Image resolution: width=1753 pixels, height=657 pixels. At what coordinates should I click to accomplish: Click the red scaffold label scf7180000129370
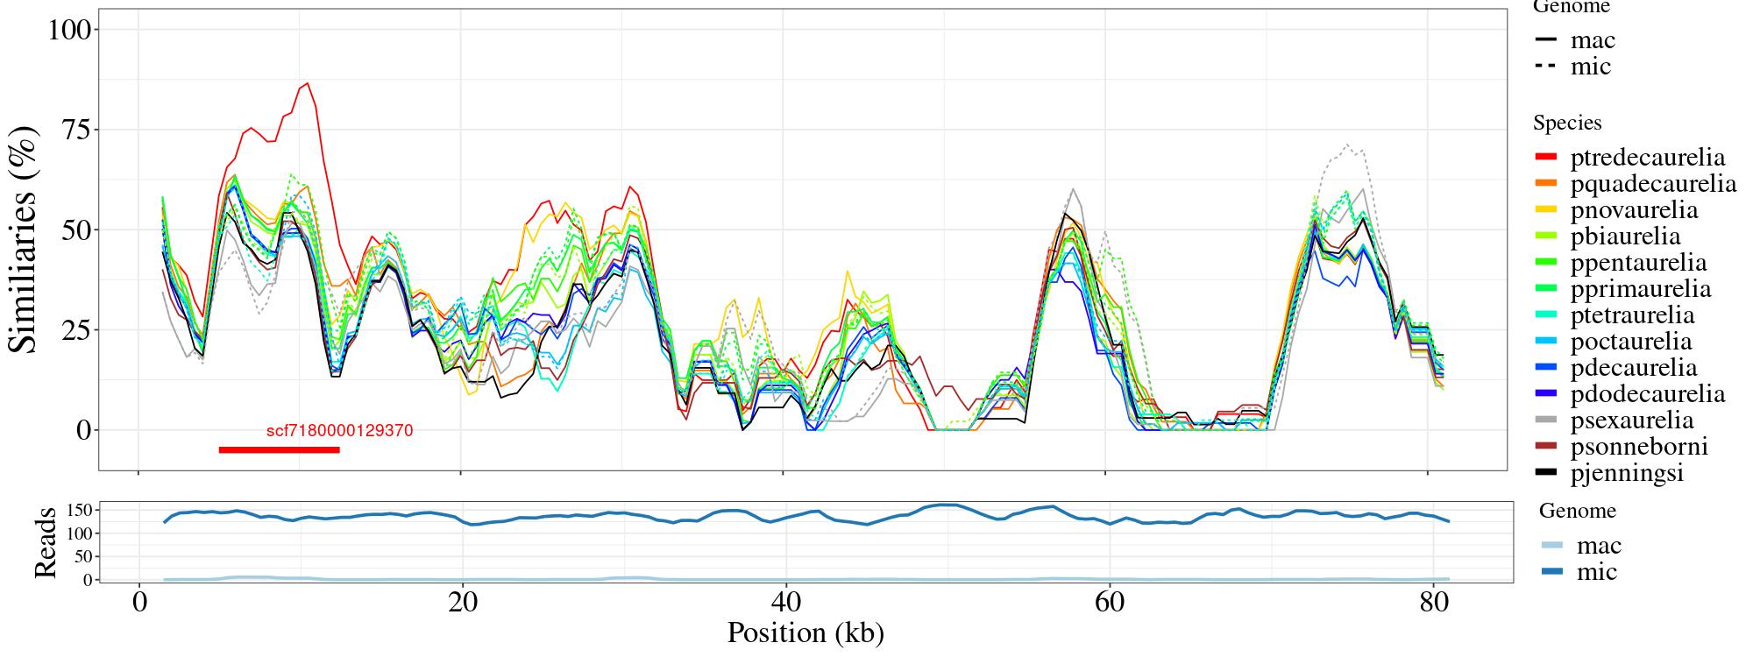[339, 431]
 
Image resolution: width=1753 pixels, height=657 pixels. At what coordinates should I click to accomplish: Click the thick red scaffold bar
[279, 449]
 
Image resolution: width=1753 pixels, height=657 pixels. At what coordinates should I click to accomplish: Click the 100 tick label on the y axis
[69, 30]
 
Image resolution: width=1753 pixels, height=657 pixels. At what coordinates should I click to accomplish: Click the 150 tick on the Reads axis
[79, 511]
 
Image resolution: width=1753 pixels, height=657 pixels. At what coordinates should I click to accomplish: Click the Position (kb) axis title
[806, 632]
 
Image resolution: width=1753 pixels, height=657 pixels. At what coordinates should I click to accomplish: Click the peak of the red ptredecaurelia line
[307, 84]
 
